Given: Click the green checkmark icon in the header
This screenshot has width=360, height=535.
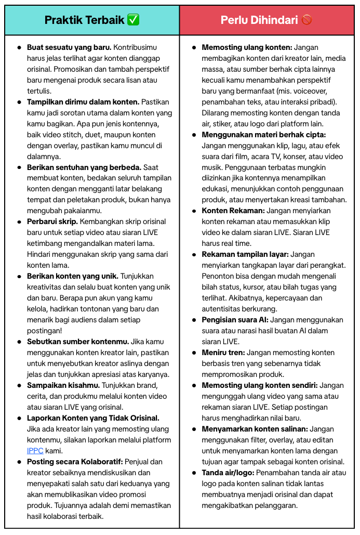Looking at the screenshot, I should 134,20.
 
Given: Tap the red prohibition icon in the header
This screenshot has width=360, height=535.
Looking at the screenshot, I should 307,20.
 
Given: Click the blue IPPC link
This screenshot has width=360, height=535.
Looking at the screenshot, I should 35,451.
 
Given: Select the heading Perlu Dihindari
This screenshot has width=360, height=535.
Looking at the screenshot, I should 259,20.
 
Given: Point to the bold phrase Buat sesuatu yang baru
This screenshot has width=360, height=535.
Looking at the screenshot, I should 69,47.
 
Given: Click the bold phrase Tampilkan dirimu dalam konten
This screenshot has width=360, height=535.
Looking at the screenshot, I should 83,102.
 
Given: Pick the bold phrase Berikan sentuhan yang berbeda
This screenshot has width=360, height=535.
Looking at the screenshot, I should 84,167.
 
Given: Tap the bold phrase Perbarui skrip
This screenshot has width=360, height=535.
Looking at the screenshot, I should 52,221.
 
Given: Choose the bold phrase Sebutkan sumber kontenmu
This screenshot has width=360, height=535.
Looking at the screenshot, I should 78,342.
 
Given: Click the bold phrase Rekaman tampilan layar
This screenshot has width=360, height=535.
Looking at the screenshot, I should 245,254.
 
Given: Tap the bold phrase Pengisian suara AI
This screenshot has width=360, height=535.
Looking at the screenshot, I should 235,320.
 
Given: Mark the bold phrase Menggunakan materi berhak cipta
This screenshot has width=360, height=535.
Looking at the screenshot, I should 264,135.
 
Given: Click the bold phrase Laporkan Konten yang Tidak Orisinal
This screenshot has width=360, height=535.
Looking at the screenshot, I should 93,418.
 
